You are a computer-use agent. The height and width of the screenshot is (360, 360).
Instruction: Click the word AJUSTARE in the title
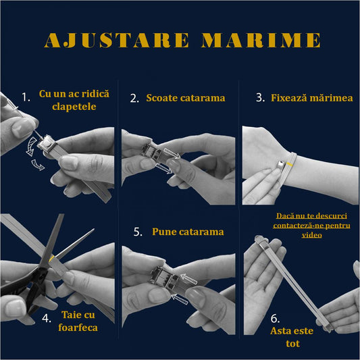point(117,40)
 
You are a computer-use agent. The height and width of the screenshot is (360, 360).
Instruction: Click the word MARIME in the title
point(261,40)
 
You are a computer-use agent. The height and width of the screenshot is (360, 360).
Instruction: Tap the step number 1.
point(26,97)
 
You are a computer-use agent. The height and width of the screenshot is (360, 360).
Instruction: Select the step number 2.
point(134,98)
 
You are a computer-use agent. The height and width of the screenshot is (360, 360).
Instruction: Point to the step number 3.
point(260,97)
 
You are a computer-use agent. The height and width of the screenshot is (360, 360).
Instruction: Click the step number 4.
point(47,318)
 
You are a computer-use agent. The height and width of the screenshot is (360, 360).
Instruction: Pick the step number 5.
point(138,232)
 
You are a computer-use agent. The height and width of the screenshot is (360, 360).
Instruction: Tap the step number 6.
point(275,318)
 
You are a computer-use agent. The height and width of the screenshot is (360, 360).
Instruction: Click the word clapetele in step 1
point(74,107)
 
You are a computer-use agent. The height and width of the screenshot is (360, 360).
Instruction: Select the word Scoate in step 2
point(162,98)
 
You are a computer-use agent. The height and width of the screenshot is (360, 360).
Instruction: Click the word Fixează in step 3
point(289,98)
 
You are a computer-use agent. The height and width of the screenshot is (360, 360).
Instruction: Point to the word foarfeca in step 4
point(78,328)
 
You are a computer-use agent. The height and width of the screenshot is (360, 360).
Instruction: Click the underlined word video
point(311,235)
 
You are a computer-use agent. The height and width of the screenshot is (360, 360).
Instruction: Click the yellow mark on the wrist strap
point(290,165)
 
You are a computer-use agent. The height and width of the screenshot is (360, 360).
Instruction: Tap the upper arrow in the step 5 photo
point(189,279)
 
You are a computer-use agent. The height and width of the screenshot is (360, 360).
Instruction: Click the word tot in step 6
point(292,344)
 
